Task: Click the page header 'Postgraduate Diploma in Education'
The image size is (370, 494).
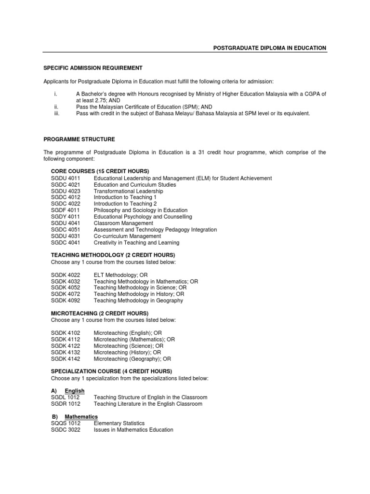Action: click(x=270, y=48)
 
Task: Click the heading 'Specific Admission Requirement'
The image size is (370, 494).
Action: click(x=93, y=68)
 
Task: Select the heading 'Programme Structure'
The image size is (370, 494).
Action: click(x=79, y=139)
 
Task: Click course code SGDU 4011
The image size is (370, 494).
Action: click(x=66, y=178)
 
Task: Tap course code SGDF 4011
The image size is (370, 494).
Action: click(x=66, y=210)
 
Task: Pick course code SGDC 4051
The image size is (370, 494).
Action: click(x=66, y=230)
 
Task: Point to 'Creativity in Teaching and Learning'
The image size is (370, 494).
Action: click(x=136, y=243)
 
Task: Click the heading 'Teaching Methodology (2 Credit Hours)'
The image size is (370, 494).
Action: click(x=113, y=255)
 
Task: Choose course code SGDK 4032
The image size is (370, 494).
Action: click(x=66, y=281)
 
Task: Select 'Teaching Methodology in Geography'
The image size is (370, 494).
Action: click(x=138, y=301)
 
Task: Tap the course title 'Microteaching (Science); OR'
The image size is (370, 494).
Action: click(x=129, y=346)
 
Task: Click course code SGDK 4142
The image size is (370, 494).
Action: click(x=66, y=359)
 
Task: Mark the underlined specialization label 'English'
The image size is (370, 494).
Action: click(x=75, y=391)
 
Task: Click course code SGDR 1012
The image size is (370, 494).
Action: click(x=66, y=404)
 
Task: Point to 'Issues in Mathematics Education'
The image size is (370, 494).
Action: click(x=133, y=430)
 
